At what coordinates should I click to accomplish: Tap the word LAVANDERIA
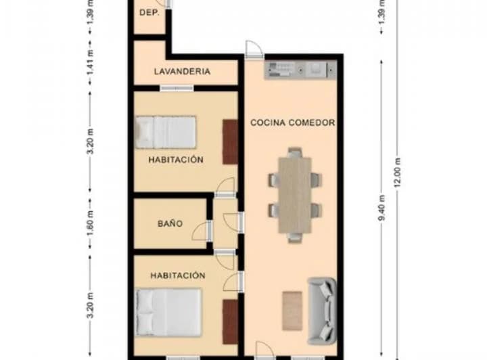(181, 71)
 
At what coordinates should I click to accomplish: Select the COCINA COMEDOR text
(293, 122)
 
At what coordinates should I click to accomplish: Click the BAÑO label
(170, 223)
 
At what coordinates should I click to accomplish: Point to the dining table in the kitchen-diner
(295, 195)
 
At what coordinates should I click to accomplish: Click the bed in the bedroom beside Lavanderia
(166, 132)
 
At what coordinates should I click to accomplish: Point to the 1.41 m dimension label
(90, 72)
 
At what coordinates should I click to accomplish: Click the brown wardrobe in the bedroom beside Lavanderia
(231, 141)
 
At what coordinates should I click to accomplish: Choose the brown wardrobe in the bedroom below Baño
(230, 320)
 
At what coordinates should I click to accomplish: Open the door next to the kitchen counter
(252, 49)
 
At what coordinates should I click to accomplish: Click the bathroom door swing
(200, 232)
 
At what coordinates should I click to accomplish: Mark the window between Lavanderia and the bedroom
(177, 87)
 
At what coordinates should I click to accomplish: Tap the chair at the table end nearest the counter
(295, 153)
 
